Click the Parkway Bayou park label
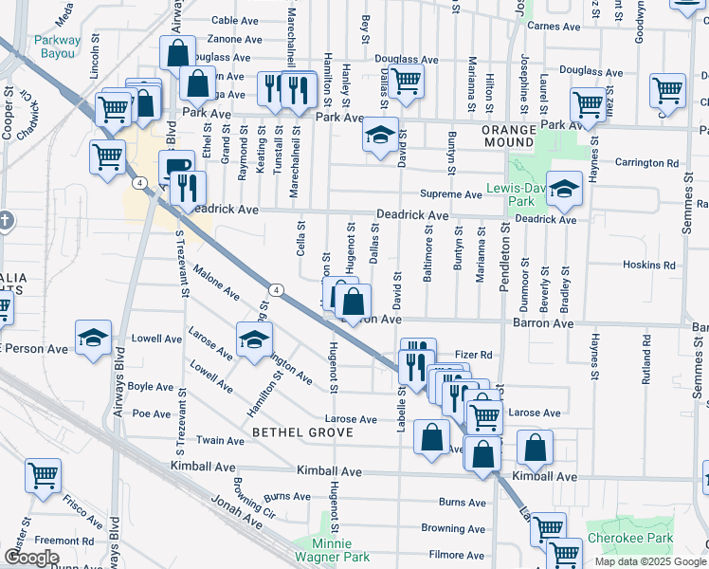coord(57,47)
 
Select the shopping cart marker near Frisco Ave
coord(43,477)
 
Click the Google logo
coord(30,559)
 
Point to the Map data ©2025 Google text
coord(649,561)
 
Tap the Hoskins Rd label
coord(655,266)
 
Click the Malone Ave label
coord(216,282)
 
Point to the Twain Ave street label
coord(222,441)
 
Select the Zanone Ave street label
coord(235,40)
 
